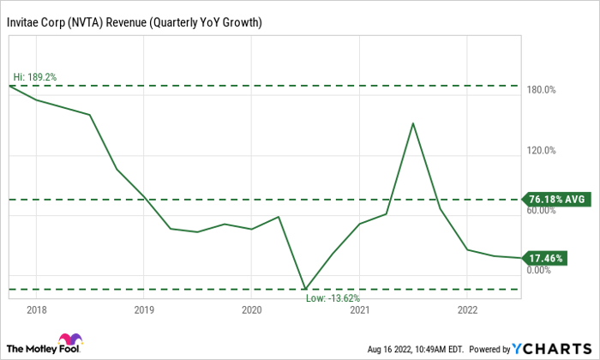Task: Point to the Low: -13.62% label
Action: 335,297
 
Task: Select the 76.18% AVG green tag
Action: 557,199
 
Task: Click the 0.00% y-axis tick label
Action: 537,271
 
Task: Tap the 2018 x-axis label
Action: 36,309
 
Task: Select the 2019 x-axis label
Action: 144,309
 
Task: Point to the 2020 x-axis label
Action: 252,309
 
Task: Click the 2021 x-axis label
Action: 360,309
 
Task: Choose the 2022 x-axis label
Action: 468,309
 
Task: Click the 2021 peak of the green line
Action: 413,123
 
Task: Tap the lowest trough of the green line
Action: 305,288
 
